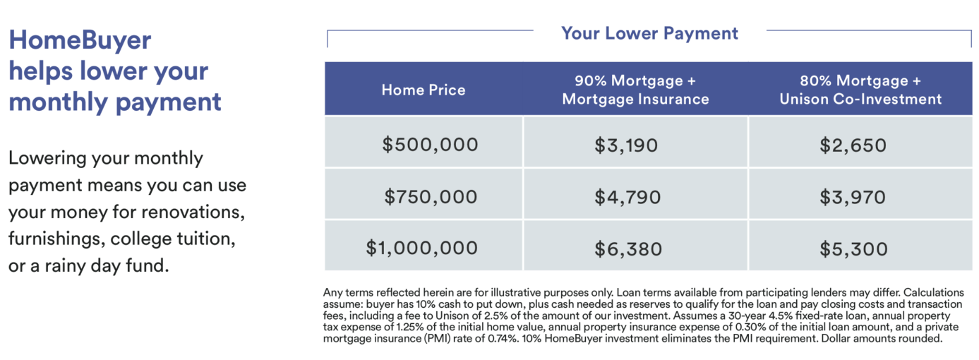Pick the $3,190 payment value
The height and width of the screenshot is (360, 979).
[626, 145]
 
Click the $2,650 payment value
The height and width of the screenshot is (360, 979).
[853, 145]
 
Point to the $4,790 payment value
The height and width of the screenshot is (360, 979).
[627, 197]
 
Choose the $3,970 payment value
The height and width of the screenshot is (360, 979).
[852, 197]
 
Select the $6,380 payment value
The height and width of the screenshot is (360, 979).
[628, 249]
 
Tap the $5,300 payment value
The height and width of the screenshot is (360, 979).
[853, 249]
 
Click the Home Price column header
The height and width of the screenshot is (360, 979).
[423, 90]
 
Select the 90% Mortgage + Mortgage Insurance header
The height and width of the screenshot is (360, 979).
[635, 90]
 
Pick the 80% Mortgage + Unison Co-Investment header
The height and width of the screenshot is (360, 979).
[860, 90]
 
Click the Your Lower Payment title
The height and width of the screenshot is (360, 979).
[649, 33]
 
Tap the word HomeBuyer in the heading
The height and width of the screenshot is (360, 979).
[80, 40]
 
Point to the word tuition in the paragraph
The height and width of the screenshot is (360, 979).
[206, 239]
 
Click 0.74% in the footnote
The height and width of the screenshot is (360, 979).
[503, 339]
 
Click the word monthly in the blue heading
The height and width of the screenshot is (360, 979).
[58, 102]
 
